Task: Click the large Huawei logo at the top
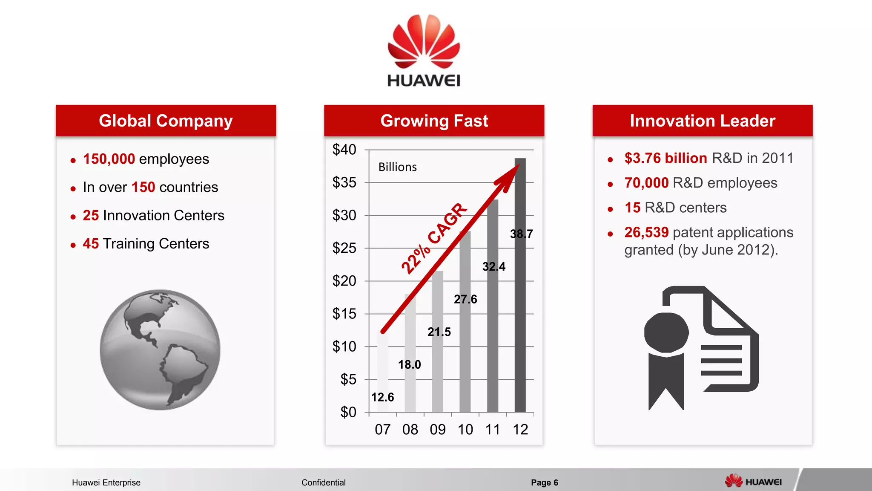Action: click(424, 50)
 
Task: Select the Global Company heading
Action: click(166, 121)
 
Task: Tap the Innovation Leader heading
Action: click(703, 121)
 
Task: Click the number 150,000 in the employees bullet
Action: click(109, 159)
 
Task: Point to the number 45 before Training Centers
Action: click(91, 243)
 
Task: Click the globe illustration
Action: click(160, 350)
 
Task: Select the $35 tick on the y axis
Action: click(344, 182)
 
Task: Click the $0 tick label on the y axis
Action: click(348, 412)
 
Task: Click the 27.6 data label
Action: click(465, 299)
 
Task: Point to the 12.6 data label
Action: click(382, 397)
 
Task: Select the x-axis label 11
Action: click(493, 429)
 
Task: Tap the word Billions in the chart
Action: click(398, 167)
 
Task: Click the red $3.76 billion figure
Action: click(665, 158)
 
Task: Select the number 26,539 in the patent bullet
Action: click(646, 232)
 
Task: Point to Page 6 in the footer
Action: click(544, 482)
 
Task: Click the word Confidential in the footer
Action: click(324, 482)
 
